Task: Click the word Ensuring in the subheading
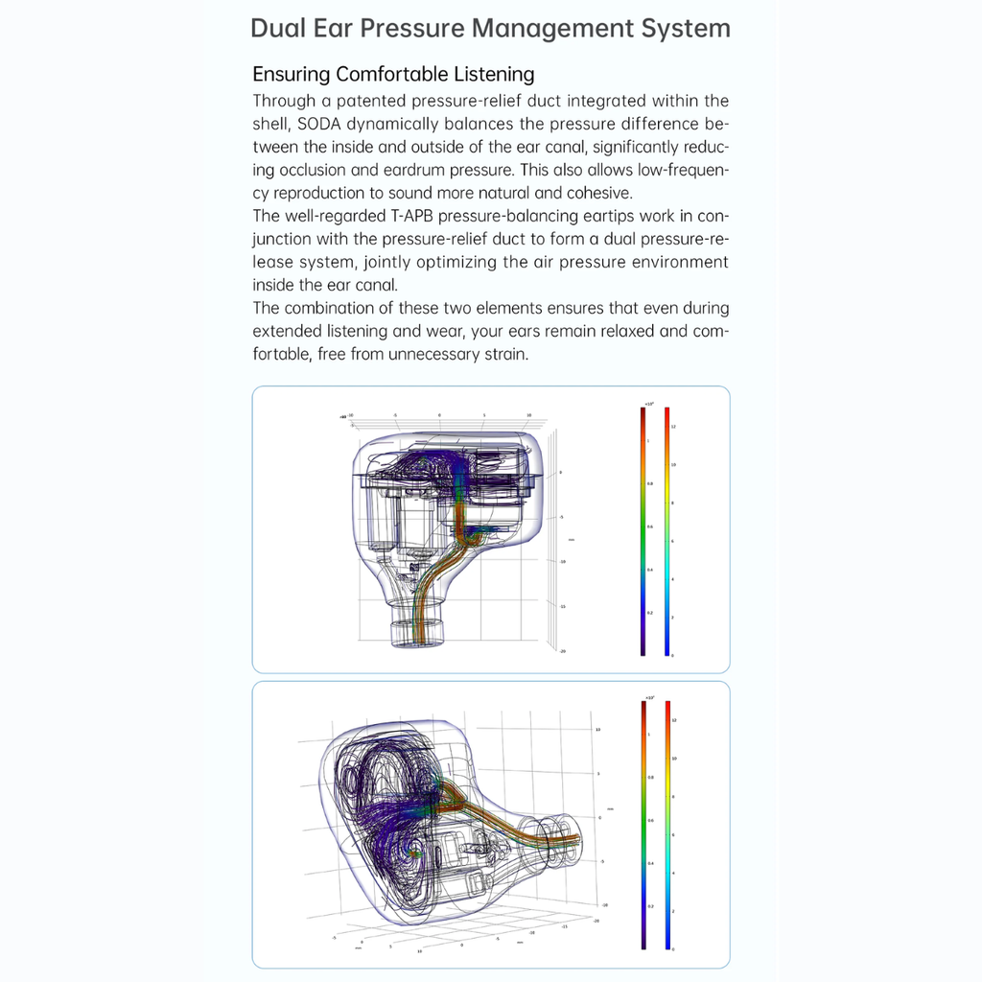pos(291,75)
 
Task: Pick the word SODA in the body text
pos(320,124)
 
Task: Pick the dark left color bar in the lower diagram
pos(643,825)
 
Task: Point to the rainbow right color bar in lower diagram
pos(667,825)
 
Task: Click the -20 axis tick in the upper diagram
pos(562,651)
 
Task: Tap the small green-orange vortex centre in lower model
pos(416,850)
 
